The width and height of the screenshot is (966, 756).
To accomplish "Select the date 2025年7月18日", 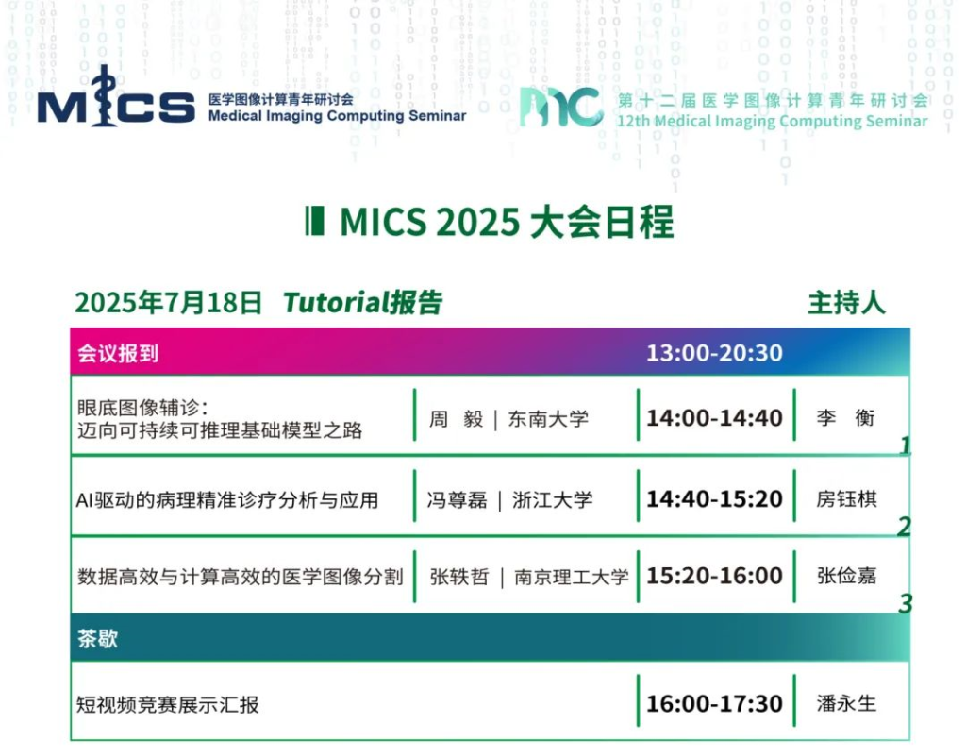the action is tap(168, 303).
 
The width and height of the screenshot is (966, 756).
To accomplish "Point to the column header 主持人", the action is tap(846, 303).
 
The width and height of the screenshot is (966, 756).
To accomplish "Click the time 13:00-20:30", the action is tap(714, 353).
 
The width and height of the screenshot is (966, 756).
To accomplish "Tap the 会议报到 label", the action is tap(118, 354).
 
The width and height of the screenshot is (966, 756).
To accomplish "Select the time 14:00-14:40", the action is tap(714, 418).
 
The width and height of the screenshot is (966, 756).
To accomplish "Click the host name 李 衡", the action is tap(845, 418).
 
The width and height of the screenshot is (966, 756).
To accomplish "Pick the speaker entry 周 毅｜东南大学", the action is tap(508, 419).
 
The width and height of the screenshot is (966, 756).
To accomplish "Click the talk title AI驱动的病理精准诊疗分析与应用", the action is tap(226, 499).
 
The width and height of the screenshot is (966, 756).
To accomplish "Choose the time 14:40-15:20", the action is tap(714, 498).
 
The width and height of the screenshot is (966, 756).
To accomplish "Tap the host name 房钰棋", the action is tap(846, 498).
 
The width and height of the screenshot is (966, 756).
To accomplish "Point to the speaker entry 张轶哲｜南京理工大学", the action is tap(529, 577).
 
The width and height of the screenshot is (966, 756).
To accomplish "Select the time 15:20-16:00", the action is tap(714, 576).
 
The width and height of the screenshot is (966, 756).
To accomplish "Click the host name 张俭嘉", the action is tap(846, 576).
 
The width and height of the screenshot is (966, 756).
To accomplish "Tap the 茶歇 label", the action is tap(97, 638).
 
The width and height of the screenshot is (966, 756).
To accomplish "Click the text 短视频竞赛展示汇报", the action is tap(167, 704).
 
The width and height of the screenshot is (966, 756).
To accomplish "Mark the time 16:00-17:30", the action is tap(714, 704).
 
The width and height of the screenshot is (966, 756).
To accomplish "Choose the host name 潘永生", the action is tap(846, 704).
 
